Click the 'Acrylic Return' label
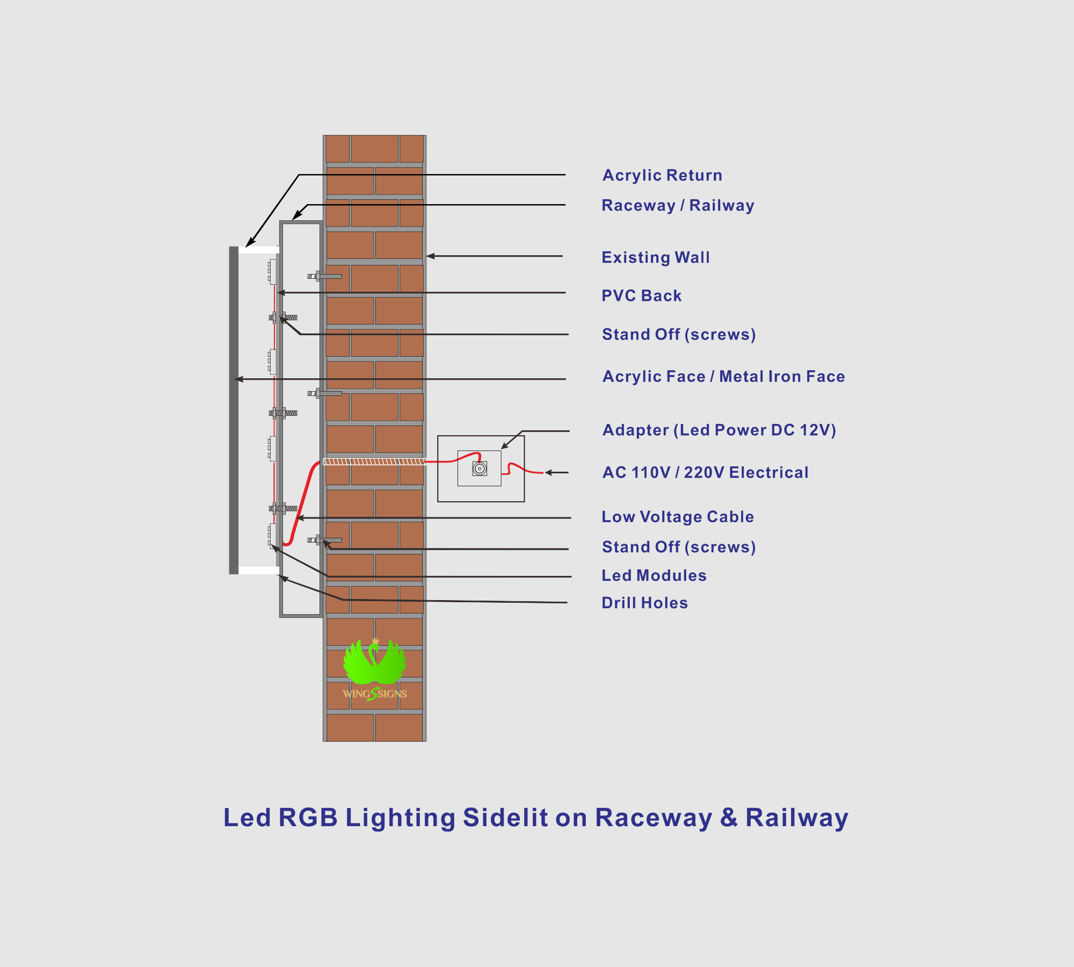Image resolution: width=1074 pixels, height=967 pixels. [x=662, y=175]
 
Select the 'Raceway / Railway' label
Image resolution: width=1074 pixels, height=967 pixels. [x=678, y=205]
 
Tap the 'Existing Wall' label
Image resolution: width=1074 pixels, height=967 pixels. [x=656, y=257]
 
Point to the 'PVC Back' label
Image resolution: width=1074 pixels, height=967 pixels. [x=642, y=295]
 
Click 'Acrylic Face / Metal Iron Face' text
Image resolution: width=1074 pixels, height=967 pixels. [x=724, y=376]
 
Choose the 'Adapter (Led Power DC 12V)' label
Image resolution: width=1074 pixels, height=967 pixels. [x=720, y=430]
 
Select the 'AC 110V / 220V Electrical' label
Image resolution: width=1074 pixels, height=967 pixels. [x=706, y=472]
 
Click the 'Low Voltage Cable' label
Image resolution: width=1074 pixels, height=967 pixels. [x=678, y=517]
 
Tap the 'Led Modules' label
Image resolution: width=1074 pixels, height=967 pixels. [x=654, y=575]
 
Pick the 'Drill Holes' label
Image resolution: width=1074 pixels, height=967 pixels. [x=645, y=603]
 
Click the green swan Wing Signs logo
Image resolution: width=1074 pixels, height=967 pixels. [x=375, y=669]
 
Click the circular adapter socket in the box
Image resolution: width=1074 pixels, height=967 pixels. [x=480, y=468]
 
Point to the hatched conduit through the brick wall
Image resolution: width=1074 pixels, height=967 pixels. [x=374, y=461]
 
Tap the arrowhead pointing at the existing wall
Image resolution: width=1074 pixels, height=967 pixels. [x=430, y=256]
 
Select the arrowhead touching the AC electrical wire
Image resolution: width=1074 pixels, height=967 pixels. [x=548, y=473]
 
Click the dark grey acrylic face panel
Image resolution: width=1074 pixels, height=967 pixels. [x=234, y=410]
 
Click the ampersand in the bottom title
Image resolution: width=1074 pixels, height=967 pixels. [x=729, y=818]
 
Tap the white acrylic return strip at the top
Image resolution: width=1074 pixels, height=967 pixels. [x=259, y=250]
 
